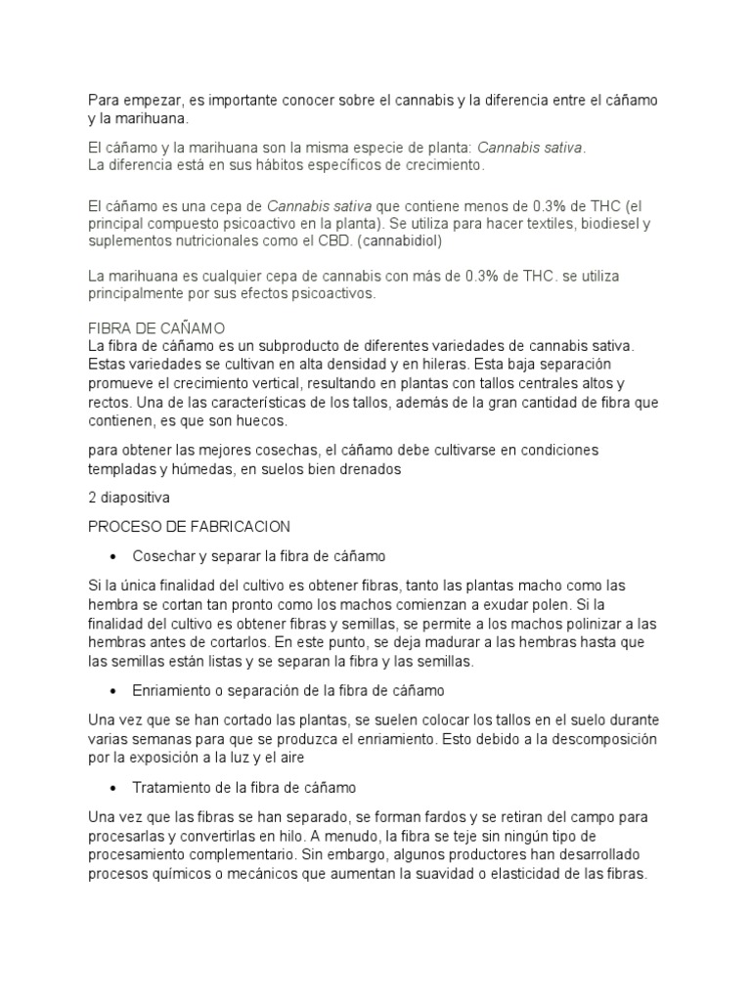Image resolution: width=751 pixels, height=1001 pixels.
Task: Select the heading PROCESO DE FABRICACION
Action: [189, 527]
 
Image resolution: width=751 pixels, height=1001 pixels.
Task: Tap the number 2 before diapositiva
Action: [92, 498]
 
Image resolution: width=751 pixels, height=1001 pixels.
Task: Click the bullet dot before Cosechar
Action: [114, 556]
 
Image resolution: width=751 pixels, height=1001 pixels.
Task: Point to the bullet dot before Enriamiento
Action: [114, 691]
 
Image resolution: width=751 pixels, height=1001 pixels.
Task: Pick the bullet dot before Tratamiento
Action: [114, 787]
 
